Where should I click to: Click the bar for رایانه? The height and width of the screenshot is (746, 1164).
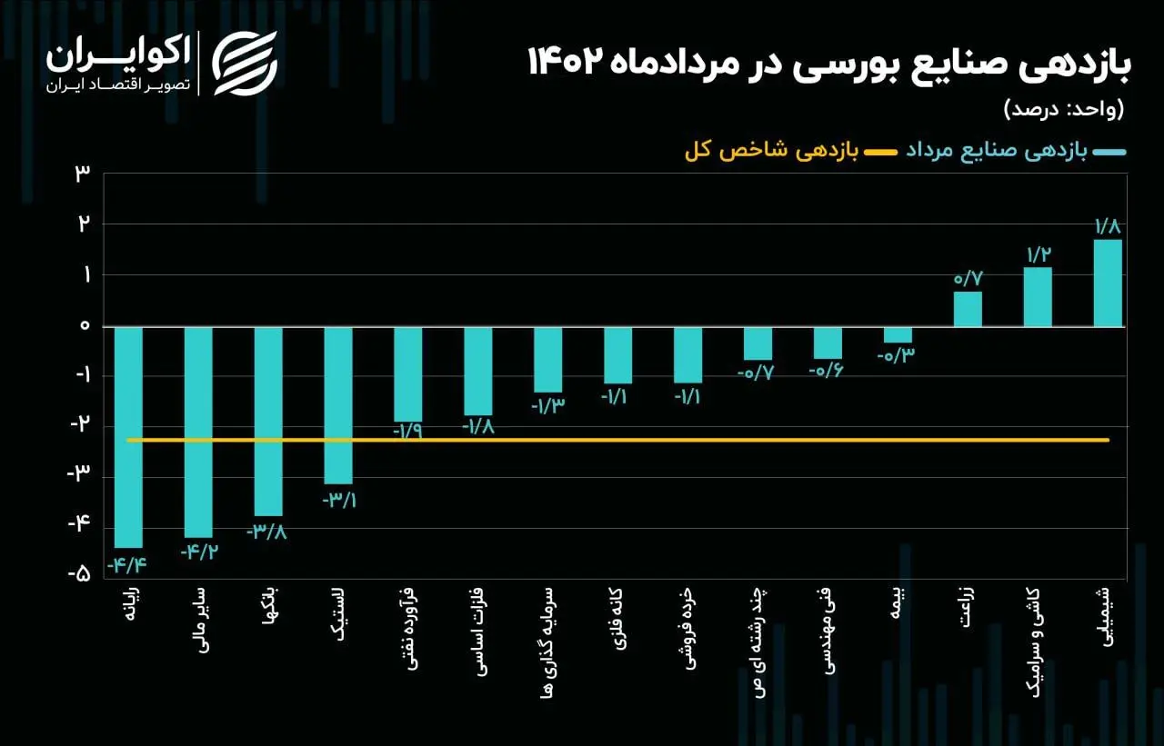coord(128,436)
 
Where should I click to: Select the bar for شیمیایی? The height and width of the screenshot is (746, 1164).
coord(1107,283)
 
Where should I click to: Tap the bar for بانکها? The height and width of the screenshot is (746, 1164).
coord(268,421)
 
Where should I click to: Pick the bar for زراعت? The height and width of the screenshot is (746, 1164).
coord(968,309)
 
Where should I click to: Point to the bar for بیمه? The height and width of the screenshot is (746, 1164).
coord(898,334)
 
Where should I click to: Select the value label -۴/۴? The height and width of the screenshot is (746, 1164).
coord(127,564)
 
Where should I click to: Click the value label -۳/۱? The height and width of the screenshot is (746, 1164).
coord(338,500)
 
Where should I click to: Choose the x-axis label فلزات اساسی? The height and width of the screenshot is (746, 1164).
coord(478,642)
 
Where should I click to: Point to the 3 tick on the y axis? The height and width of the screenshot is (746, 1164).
coord(83,174)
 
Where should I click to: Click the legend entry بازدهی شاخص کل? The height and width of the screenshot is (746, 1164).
coord(769,153)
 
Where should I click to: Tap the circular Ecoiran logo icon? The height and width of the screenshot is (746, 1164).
coord(245,63)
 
